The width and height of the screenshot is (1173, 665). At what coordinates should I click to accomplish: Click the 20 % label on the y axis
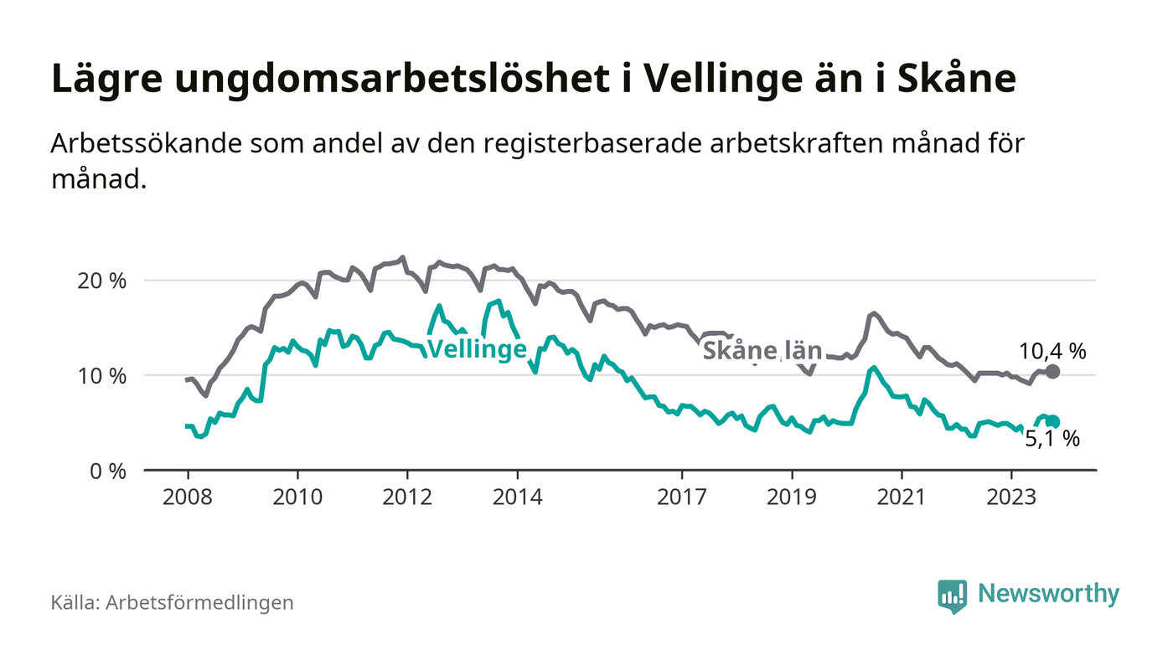click(x=101, y=281)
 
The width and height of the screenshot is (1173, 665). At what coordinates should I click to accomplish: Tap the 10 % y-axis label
click(x=101, y=376)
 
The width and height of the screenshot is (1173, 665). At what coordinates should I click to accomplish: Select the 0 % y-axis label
click(x=107, y=472)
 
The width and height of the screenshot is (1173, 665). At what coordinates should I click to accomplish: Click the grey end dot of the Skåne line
click(x=1052, y=371)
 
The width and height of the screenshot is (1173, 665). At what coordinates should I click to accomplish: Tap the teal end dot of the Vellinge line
click(x=1053, y=422)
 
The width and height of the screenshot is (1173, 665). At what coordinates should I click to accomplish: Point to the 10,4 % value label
click(x=1052, y=352)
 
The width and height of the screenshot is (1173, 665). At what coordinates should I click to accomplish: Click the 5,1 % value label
click(x=1052, y=438)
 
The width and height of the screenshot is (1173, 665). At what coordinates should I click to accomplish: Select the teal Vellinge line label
click(x=478, y=350)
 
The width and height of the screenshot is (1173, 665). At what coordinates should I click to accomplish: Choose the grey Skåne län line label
click(x=762, y=351)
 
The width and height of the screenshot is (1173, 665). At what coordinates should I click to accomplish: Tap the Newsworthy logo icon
click(x=952, y=595)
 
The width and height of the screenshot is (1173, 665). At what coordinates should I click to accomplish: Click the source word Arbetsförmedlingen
click(x=199, y=602)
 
